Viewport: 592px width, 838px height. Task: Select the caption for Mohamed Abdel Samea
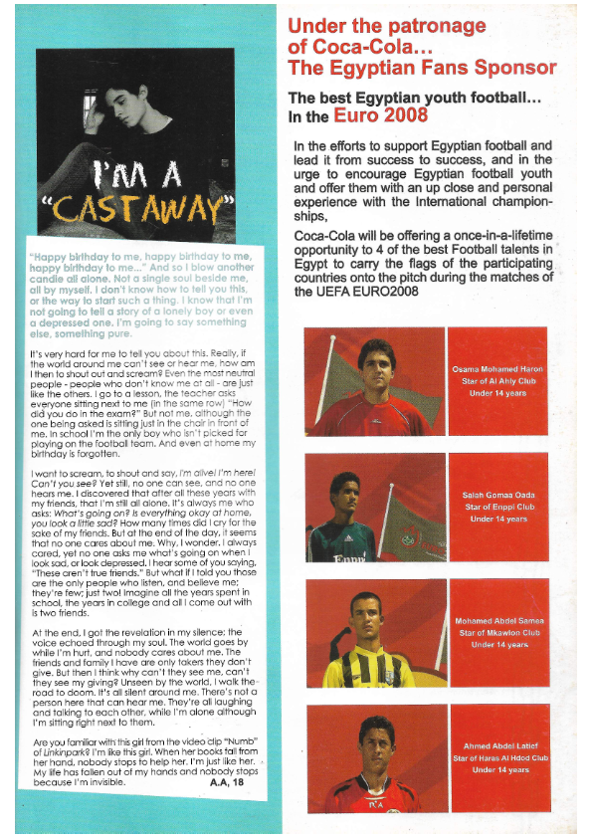tap(498, 632)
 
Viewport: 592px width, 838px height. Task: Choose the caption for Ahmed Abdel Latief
tap(498, 757)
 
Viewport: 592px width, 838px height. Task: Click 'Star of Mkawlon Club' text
tap(498, 632)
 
